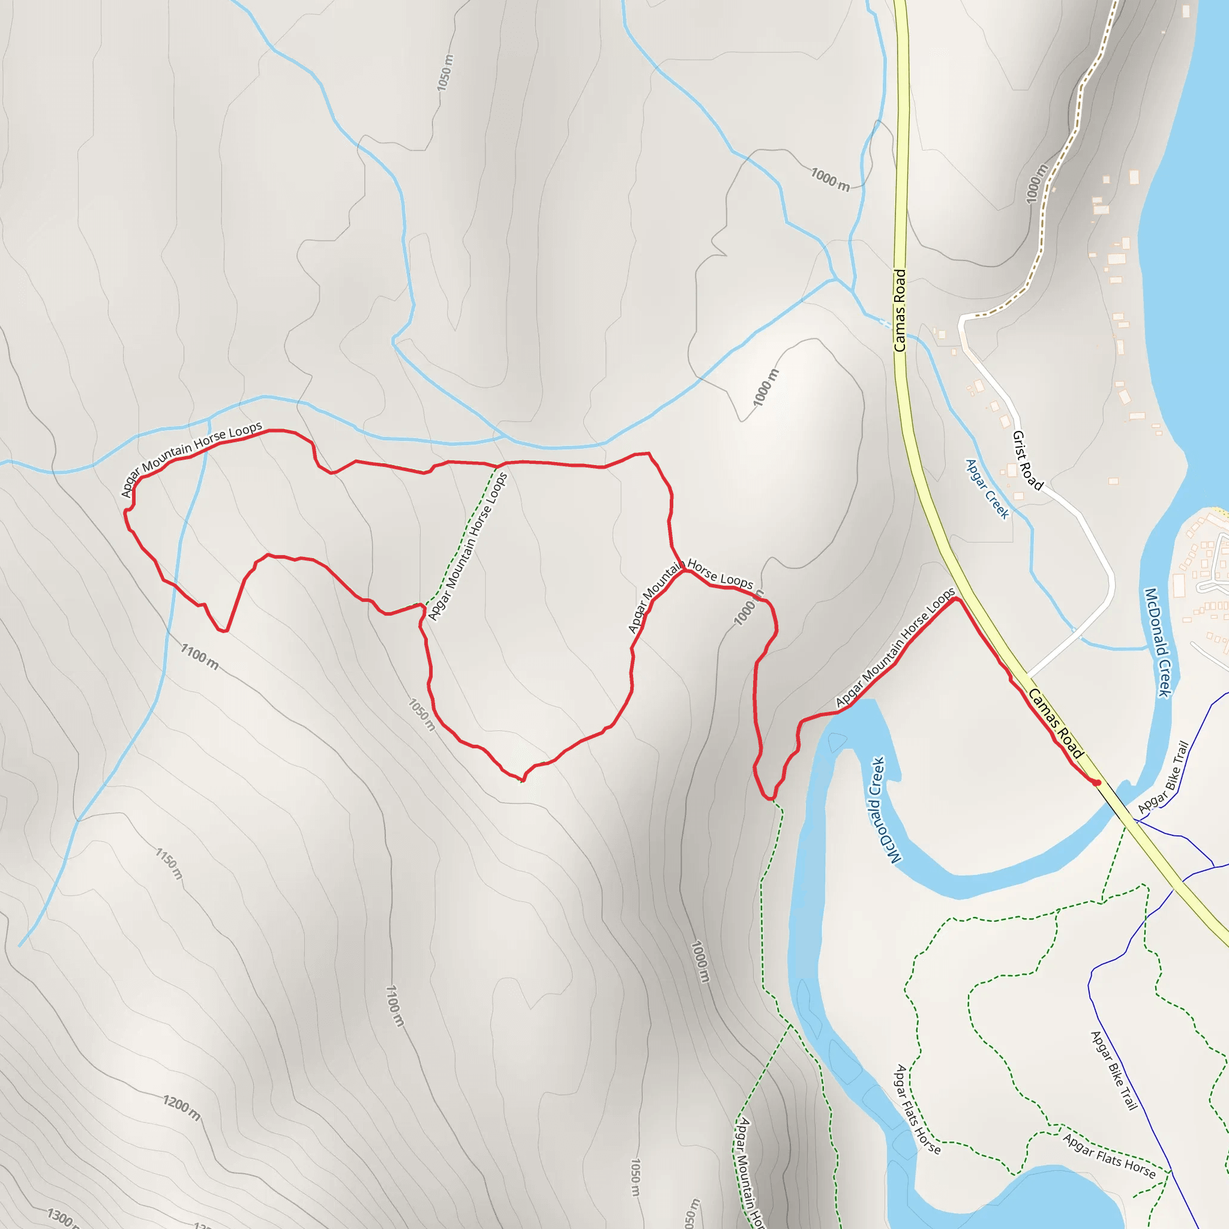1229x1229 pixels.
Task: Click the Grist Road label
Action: click(x=1027, y=460)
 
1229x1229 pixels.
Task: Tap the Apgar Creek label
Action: click(x=987, y=488)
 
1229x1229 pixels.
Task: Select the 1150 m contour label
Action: click(x=169, y=863)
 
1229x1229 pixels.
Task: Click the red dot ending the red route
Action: click(x=1098, y=783)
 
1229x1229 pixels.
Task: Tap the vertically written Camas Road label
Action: click(x=900, y=310)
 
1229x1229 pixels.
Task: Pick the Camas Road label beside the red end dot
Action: click(x=1056, y=723)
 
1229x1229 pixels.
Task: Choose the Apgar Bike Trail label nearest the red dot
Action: click(x=1164, y=778)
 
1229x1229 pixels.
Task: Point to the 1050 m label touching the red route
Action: click(x=422, y=714)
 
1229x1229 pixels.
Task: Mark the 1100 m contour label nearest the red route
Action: click(x=200, y=656)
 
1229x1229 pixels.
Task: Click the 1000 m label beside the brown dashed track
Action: click(x=1037, y=184)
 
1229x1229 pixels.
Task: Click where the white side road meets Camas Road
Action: click(x=1028, y=676)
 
